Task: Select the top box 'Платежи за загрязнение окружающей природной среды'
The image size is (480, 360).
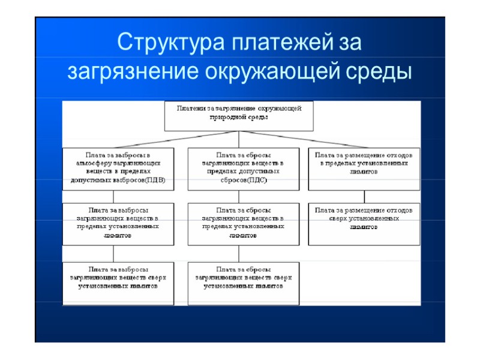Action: pos(239,115)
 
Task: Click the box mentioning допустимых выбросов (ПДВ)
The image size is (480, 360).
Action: pos(118,169)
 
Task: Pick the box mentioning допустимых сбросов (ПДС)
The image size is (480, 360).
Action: pos(243,169)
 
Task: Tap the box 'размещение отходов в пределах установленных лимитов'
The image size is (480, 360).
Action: pos(364,169)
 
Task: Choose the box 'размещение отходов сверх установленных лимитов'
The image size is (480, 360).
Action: pos(364,223)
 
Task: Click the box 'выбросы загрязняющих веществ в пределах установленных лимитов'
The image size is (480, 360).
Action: pos(118,223)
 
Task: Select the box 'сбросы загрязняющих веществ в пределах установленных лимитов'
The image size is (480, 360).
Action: pos(243,223)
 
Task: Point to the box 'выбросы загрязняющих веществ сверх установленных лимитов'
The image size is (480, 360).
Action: pos(118,283)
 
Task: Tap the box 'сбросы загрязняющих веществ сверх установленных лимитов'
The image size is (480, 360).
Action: pos(243,283)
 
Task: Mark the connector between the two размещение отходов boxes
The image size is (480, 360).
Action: pos(364,196)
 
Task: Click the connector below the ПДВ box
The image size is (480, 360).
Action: pos(114,196)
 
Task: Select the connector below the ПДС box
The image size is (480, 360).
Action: pos(243,196)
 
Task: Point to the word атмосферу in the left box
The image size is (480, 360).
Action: pos(92,163)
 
